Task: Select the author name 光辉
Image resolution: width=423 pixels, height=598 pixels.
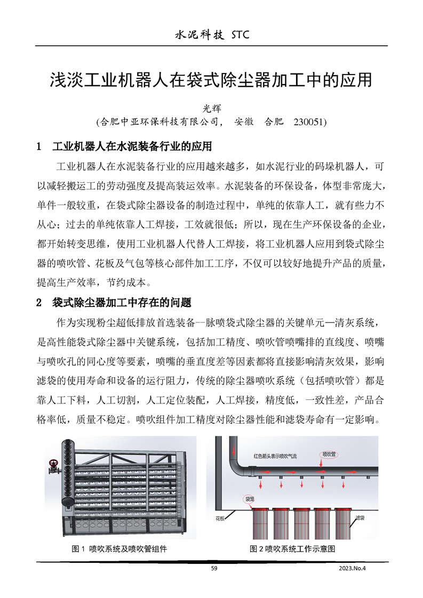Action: coord(213,108)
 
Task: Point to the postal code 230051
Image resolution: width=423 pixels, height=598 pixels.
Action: coord(309,122)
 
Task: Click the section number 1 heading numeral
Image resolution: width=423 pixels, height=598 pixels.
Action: coord(38,146)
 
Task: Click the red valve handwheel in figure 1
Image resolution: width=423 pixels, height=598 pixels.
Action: coord(53,463)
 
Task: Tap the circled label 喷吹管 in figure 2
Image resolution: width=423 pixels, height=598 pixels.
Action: coord(329,455)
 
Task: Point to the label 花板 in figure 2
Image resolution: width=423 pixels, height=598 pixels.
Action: coord(220,518)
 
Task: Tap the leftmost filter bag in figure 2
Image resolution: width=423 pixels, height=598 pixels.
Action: coord(261,525)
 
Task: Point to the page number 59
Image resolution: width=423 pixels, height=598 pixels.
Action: coord(214,569)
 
